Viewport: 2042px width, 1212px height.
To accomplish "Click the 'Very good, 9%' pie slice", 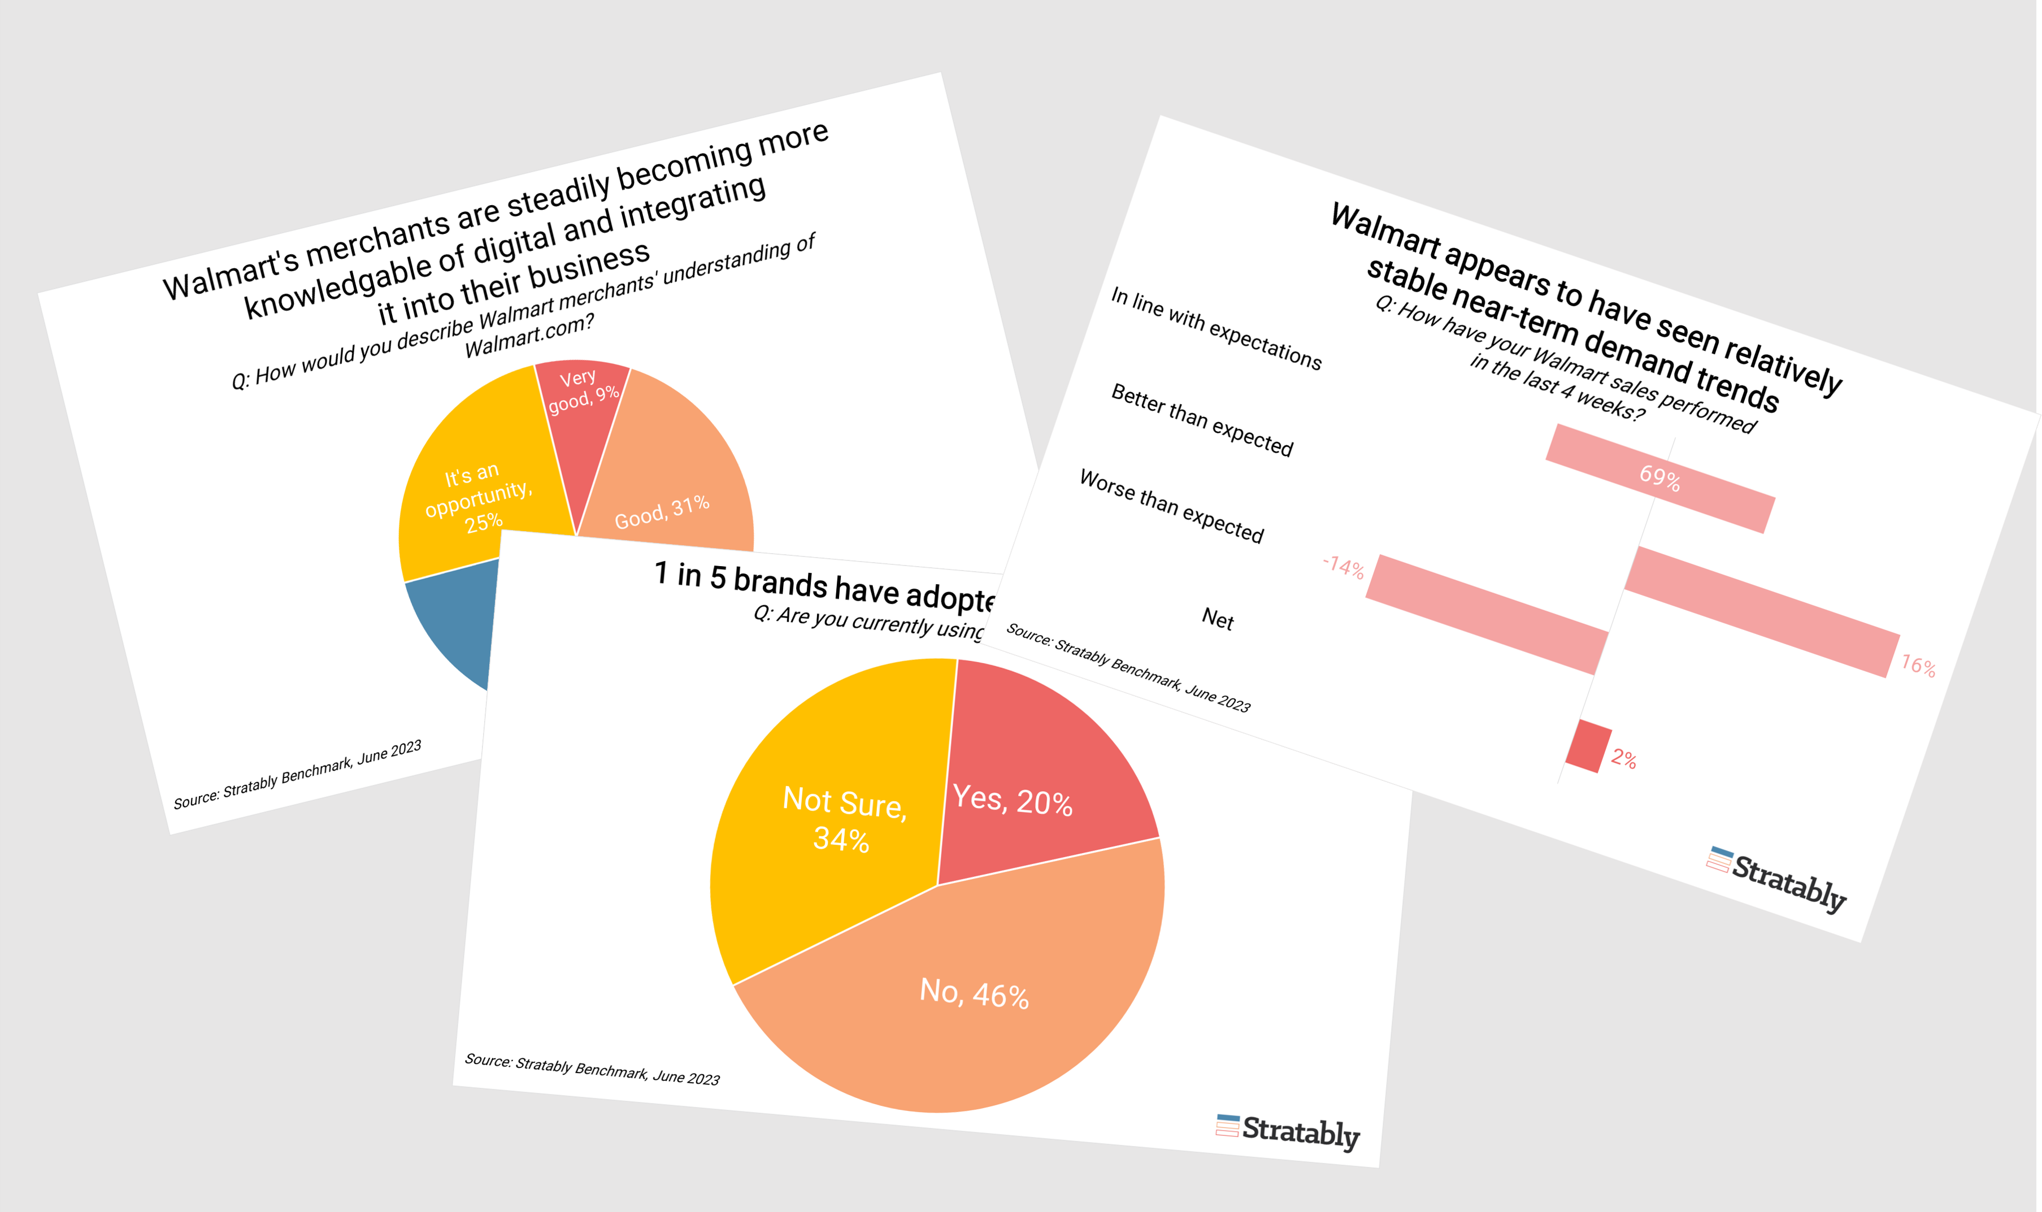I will click(x=581, y=400).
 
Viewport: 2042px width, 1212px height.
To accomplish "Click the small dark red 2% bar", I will click(x=1588, y=746).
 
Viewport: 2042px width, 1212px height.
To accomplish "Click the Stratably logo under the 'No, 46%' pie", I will click(x=1288, y=1131).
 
